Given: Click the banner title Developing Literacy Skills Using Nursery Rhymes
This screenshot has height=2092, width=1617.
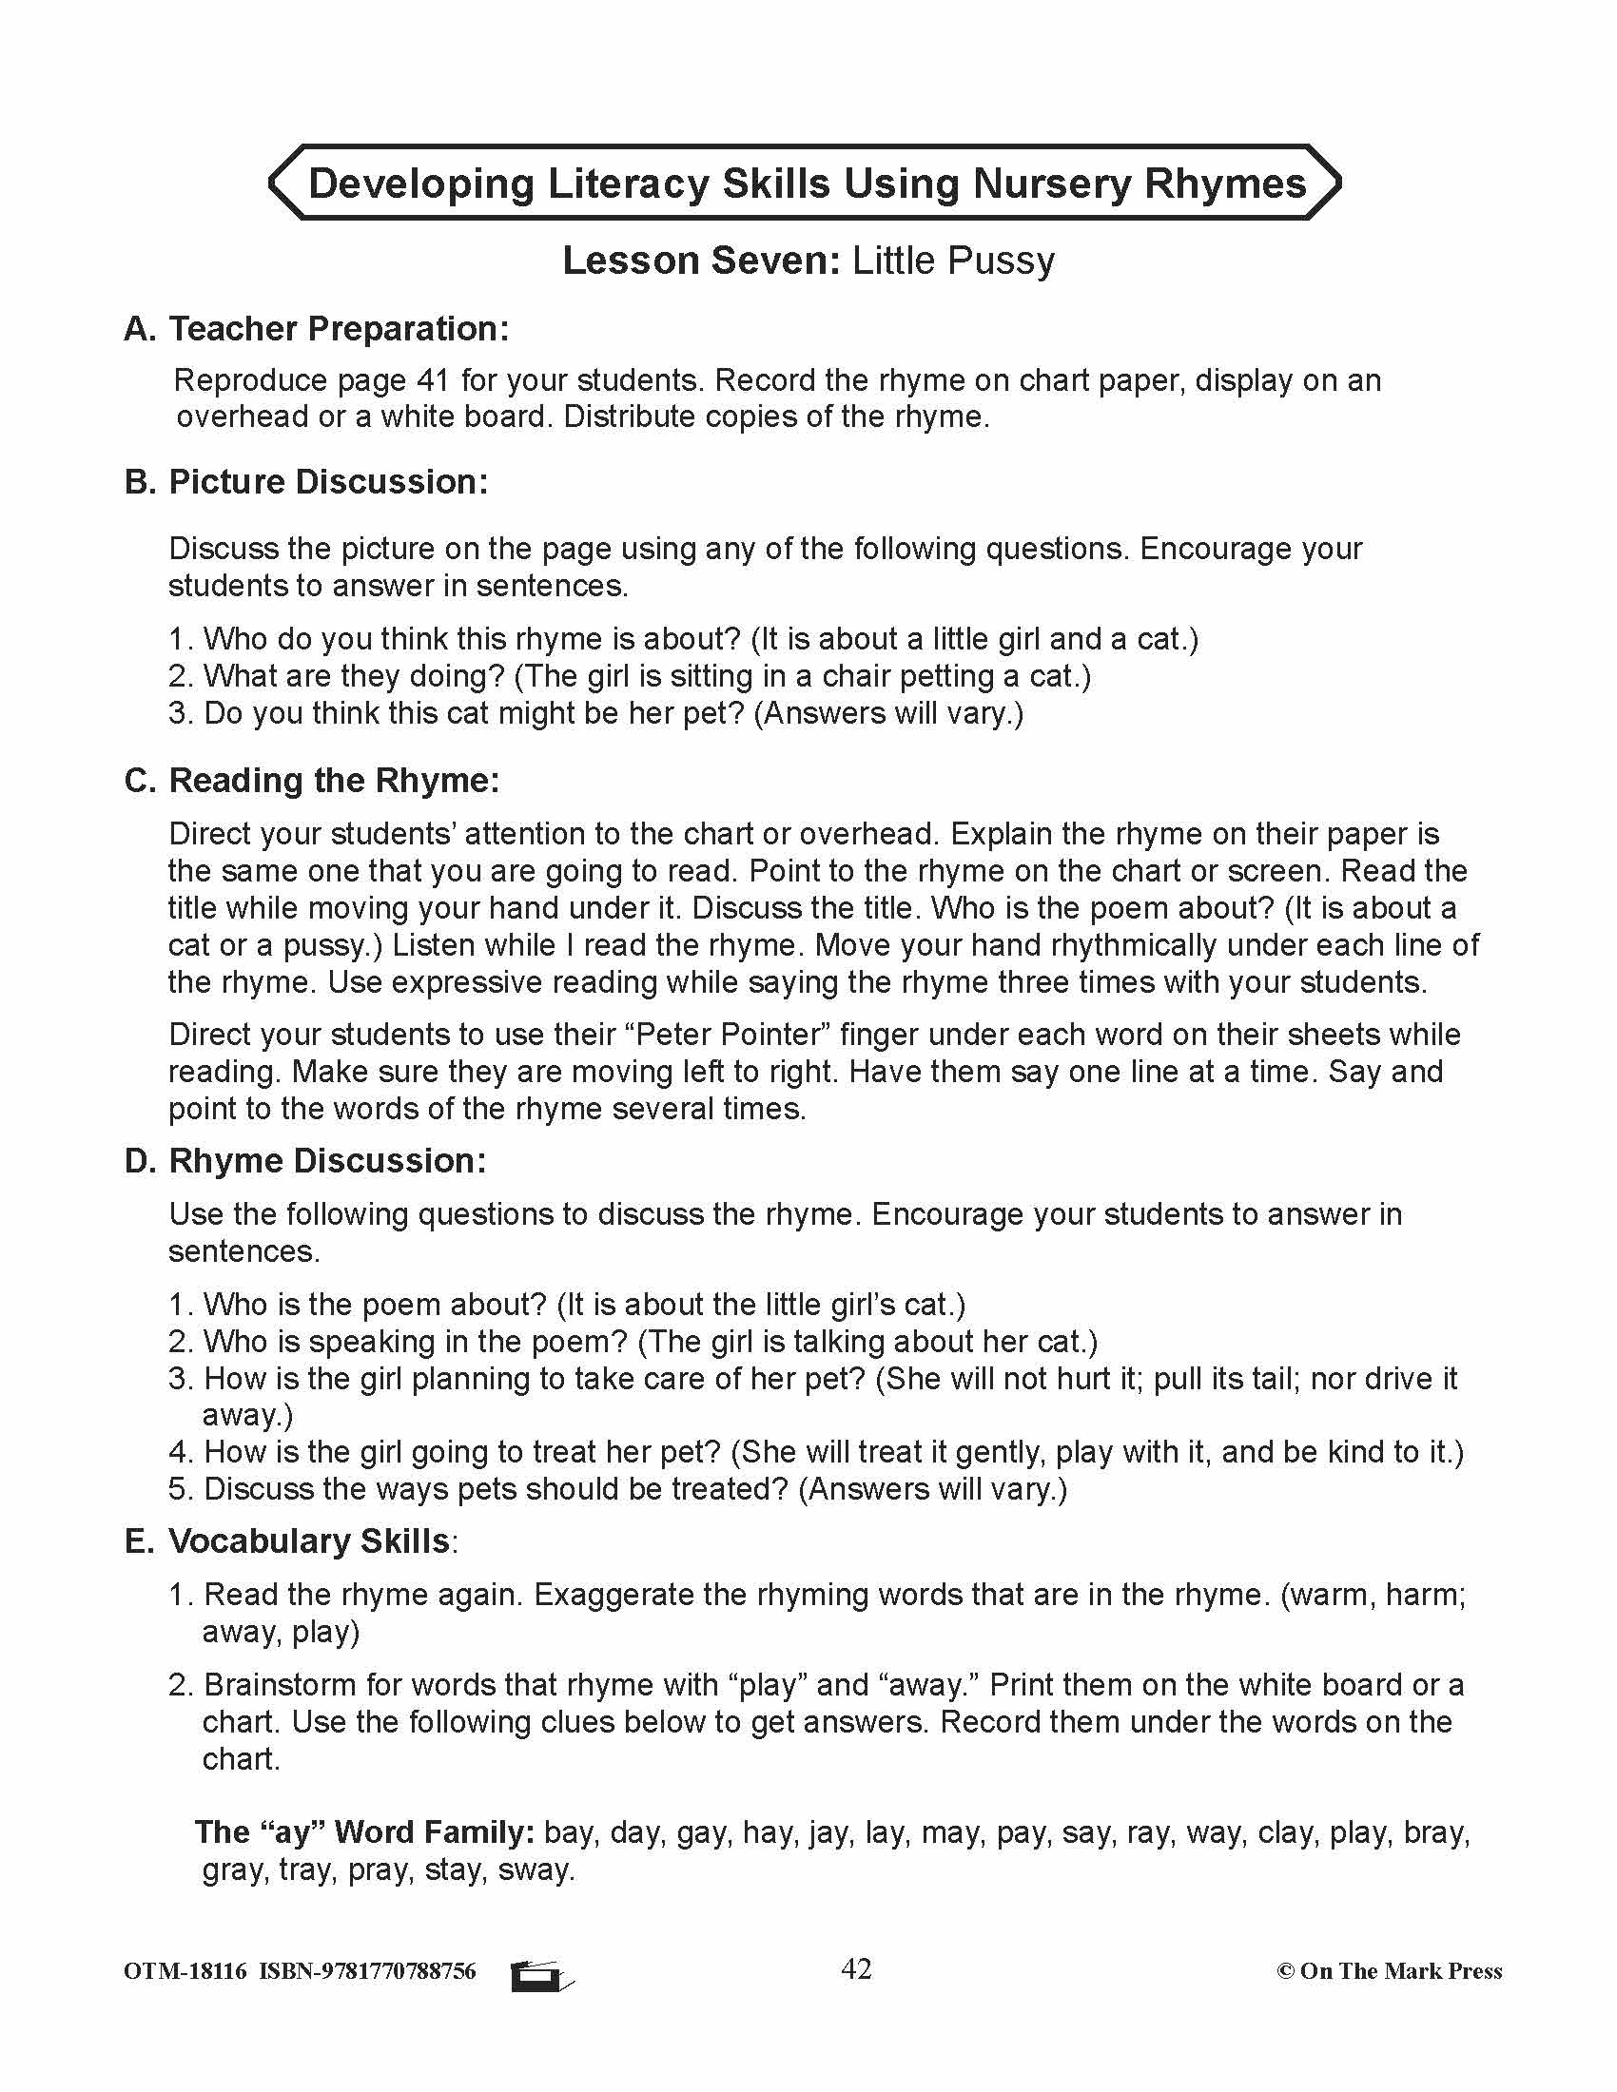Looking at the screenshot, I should coord(807,183).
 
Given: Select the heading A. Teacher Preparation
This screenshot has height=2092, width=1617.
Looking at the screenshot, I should coord(316,329).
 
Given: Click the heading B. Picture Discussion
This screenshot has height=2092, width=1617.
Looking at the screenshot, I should coord(306,482).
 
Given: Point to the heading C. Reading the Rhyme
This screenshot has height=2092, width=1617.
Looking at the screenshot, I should coord(312,781).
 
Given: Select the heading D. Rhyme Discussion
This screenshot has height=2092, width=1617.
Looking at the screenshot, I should coord(305,1161).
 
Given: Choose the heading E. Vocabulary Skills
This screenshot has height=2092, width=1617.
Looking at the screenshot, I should coord(288,1541).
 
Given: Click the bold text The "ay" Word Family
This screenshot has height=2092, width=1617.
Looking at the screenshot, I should coord(364,1832).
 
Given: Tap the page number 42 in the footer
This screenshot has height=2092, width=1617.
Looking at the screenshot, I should coord(855,1961).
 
